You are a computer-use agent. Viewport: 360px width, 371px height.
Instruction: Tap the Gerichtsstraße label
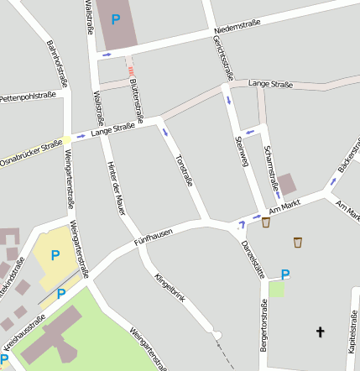point(222,54)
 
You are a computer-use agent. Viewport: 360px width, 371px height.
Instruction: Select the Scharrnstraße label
point(269,161)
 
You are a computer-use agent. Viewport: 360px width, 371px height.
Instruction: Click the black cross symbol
point(319,332)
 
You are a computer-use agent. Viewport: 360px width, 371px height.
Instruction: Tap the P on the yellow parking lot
point(55,255)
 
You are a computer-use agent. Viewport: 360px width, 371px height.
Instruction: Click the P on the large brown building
point(115,18)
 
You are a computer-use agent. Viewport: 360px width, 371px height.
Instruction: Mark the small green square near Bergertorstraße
point(277,289)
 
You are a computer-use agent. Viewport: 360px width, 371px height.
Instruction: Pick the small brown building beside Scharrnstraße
point(287,185)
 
